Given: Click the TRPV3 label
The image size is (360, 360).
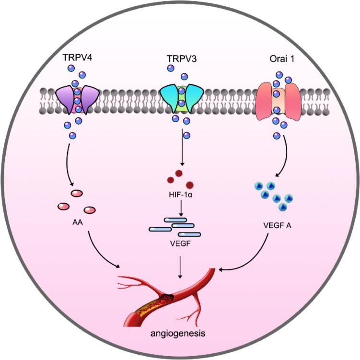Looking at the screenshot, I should pyautogui.click(x=180, y=57).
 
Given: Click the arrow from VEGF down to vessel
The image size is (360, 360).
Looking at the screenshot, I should pyautogui.click(x=180, y=266).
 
